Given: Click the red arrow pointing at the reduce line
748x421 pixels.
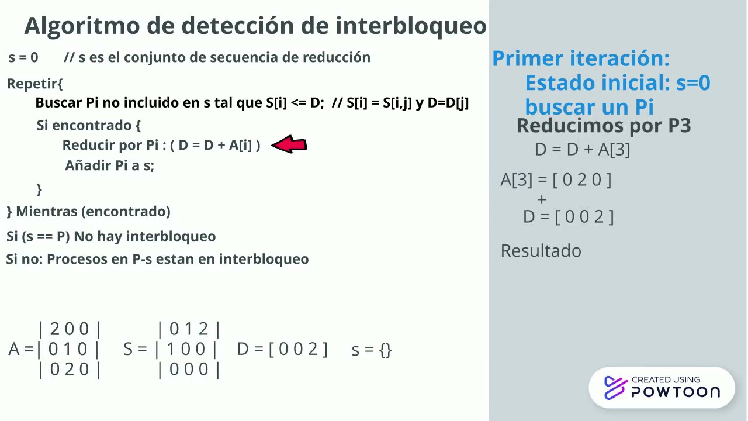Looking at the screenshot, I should coord(289,144).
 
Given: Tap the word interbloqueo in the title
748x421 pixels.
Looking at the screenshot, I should coord(411,26).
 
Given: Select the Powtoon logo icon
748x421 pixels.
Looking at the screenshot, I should coord(615,388).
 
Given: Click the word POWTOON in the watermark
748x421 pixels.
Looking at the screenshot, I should coord(676,392).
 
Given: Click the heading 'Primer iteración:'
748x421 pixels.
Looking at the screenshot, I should coord(580,58).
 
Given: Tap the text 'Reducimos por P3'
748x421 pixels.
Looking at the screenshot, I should coord(604,125).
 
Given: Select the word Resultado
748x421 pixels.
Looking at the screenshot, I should coord(541,251).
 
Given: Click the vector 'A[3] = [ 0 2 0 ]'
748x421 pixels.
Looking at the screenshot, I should coord(556,180).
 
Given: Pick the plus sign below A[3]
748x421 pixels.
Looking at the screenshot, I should coord(542,199).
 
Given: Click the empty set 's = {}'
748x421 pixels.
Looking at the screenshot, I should coord(372,350).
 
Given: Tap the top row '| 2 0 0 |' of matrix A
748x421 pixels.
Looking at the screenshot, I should coord(70,329).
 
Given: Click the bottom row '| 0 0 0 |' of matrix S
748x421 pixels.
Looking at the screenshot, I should coord(189,370).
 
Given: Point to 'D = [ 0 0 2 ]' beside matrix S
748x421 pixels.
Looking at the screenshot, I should coord(282,349).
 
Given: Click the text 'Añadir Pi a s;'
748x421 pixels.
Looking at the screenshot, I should coord(109,165).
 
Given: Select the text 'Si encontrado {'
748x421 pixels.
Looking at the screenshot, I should coord(89,125).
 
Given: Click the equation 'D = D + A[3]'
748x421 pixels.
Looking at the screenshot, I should coord(582,150).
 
